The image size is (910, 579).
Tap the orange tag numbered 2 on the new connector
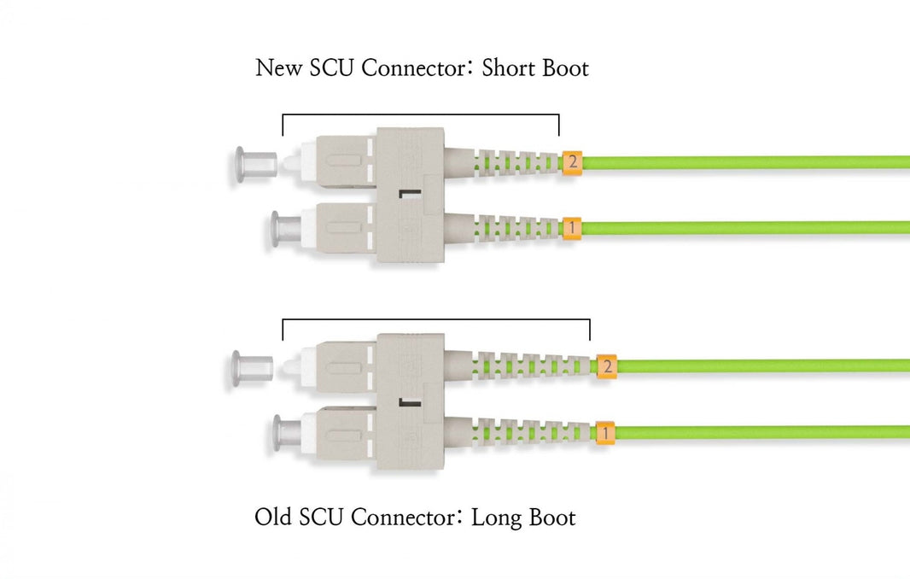coord(572,161)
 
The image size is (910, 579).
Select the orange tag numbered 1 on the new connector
coord(572,228)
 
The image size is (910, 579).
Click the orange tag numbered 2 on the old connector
coord(606,366)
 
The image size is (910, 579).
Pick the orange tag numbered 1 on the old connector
coord(605,433)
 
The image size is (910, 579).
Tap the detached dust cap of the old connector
coord(252,368)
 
